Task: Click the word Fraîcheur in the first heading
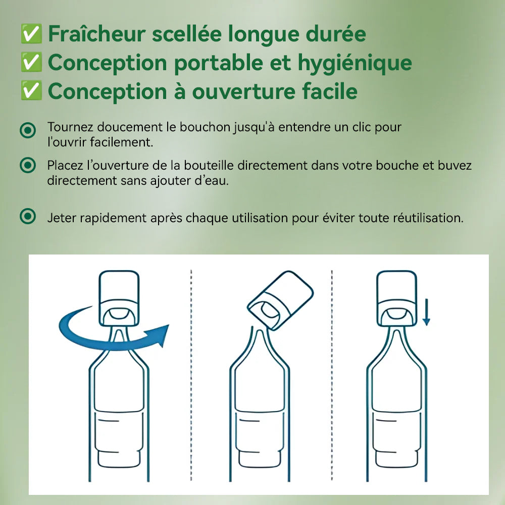click(96, 34)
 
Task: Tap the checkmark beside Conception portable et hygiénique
click(31, 62)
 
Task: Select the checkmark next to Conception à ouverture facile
click(31, 90)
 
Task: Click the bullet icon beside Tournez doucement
click(28, 130)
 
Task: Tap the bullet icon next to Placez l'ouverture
click(28, 165)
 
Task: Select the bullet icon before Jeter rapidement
click(28, 216)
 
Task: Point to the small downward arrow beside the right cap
click(426, 312)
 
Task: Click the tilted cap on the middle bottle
click(280, 300)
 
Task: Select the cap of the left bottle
click(119, 298)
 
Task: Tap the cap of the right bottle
click(397, 298)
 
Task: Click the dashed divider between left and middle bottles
click(191, 375)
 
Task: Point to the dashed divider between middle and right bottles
click(332, 375)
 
